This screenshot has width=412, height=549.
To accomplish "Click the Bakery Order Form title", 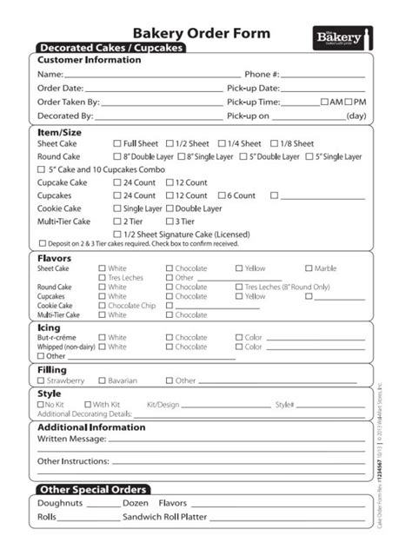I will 201,33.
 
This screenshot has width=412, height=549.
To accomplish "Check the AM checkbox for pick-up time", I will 324,102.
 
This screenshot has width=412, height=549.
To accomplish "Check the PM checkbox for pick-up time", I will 349,102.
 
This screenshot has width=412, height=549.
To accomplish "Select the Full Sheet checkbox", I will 117,143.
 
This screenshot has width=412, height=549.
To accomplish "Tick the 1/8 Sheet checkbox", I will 275,143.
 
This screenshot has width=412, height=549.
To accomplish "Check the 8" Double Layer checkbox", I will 117,156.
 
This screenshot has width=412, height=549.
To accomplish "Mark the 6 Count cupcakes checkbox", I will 222,195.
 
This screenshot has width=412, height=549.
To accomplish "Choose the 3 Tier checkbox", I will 169,222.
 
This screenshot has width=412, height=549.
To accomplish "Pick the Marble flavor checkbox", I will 309,268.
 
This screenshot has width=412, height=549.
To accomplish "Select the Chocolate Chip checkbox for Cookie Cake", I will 102,306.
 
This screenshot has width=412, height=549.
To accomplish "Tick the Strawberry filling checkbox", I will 41,380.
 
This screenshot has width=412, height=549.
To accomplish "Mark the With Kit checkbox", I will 87,405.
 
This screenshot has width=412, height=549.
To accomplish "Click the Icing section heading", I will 49,327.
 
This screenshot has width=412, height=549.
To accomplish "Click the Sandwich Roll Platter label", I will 164,517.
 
